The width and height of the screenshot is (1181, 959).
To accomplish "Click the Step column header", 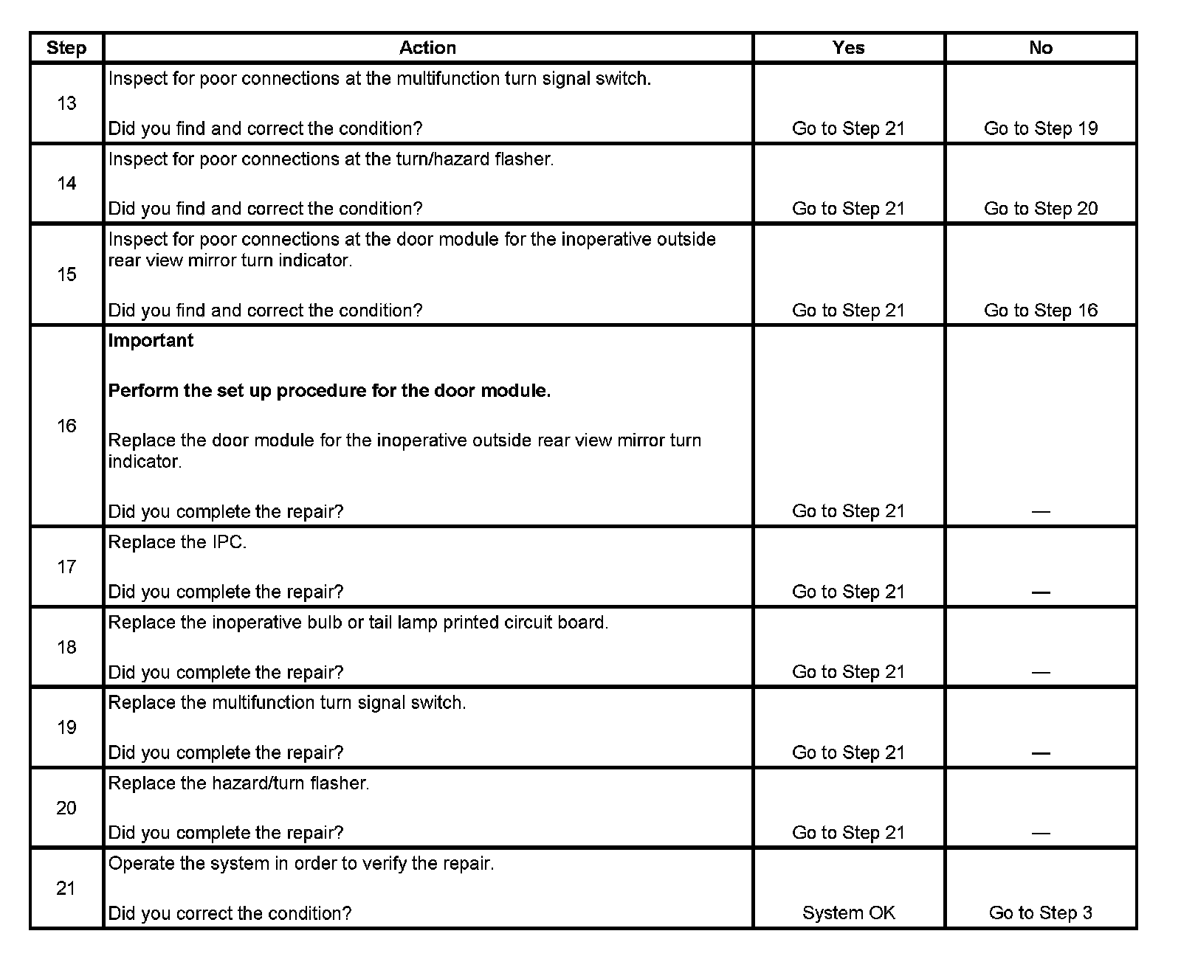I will pyautogui.click(x=66, y=48).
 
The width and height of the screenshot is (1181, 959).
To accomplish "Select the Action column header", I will pyautogui.click(x=427, y=48).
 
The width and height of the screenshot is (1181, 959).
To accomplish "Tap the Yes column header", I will pyautogui.click(x=848, y=48).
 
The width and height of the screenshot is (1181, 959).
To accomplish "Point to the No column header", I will pyautogui.click(x=1040, y=48).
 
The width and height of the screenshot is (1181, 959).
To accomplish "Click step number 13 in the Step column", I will pyautogui.click(x=66, y=103).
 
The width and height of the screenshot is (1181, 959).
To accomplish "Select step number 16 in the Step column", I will pyautogui.click(x=66, y=426).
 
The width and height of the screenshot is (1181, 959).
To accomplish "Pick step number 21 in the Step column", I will pyautogui.click(x=66, y=888).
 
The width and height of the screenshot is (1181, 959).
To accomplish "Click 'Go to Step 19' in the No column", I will pyautogui.click(x=1040, y=128).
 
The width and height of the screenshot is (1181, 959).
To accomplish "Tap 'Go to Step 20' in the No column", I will pyautogui.click(x=1040, y=209).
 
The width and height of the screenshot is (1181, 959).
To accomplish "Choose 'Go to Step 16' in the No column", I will pyautogui.click(x=1040, y=311).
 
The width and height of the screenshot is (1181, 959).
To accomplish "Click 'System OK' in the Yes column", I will pyautogui.click(x=848, y=913).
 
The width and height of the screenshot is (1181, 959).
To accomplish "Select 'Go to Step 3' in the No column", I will pyautogui.click(x=1040, y=913).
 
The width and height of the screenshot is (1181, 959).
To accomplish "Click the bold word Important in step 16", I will pyautogui.click(x=151, y=341).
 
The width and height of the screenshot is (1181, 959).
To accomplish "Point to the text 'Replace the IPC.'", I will pyautogui.click(x=177, y=542).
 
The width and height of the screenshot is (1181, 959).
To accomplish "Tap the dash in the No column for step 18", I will pyautogui.click(x=1040, y=672).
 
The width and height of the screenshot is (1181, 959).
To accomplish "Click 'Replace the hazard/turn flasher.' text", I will pyautogui.click(x=238, y=783).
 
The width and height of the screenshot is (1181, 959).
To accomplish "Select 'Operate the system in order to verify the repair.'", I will pyautogui.click(x=301, y=863).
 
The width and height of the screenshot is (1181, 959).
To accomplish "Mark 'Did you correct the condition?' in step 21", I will pyautogui.click(x=230, y=913).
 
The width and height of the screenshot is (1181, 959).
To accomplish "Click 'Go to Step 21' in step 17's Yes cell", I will pyautogui.click(x=848, y=592).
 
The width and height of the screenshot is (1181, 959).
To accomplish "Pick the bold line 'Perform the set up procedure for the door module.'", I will pyautogui.click(x=329, y=391).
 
